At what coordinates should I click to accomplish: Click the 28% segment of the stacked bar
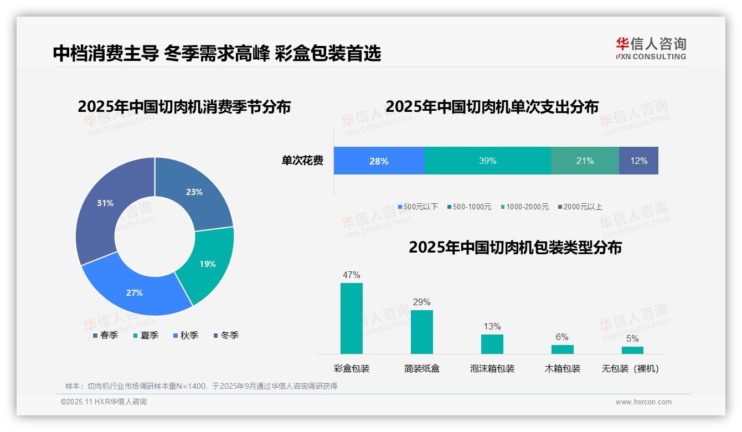tap(379, 161)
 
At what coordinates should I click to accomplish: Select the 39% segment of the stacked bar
tap(487, 161)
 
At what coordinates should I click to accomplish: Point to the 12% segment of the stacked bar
tap(638, 161)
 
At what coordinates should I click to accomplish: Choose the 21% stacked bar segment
tap(585, 161)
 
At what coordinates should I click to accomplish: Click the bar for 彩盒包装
tap(352, 318)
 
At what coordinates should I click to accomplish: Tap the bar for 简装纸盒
tap(422, 332)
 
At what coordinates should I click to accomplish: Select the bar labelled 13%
tap(492, 344)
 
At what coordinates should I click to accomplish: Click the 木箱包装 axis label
tap(563, 368)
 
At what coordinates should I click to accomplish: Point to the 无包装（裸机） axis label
tap(630, 368)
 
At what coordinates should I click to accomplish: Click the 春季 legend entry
tap(105, 335)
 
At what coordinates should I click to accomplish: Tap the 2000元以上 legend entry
tap(580, 207)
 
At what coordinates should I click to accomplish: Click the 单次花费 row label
tap(302, 161)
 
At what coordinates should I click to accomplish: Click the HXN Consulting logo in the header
tap(651, 49)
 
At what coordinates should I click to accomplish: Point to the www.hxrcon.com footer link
tap(643, 402)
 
